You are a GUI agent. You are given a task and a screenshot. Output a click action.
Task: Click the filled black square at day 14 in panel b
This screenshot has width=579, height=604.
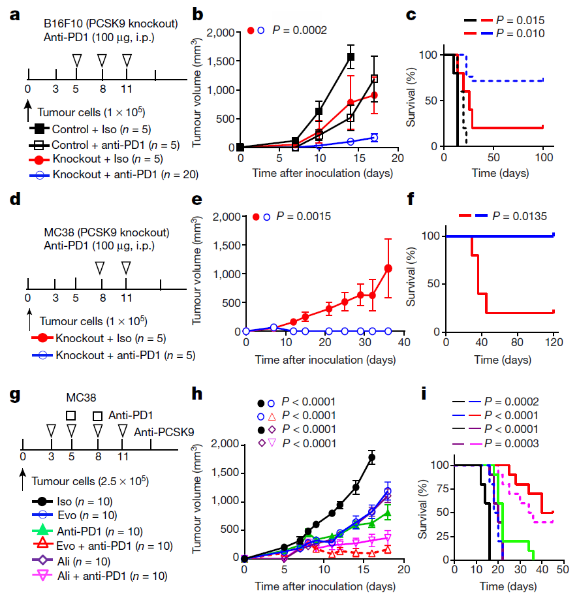tap(351, 57)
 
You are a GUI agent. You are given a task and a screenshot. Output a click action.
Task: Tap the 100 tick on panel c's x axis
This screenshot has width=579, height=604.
tap(544, 158)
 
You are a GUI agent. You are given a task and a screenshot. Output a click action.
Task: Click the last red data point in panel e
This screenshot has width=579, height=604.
tap(388, 268)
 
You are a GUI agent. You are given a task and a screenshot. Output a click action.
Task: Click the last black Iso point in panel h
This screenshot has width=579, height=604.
tap(372, 458)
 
